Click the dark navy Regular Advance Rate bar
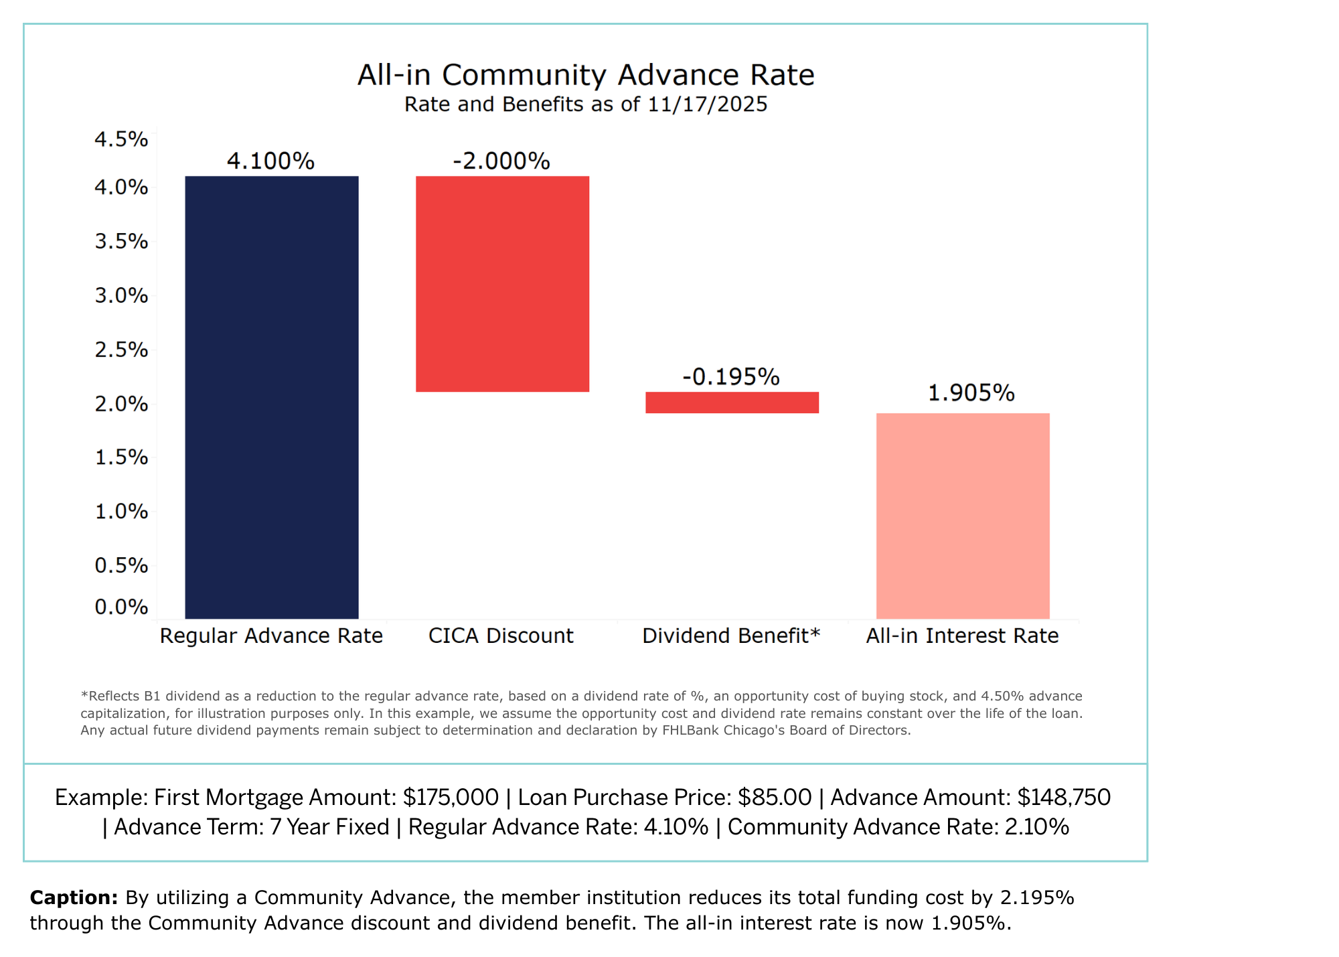tap(271, 397)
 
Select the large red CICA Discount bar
tap(502, 284)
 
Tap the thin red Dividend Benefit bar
tap(732, 402)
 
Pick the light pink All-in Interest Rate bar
tap(963, 516)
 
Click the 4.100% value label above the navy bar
tap(270, 161)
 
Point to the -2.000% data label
tap(501, 161)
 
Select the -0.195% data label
tap(731, 377)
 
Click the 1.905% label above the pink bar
tap(971, 393)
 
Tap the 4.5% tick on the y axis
tap(121, 139)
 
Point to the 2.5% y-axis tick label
tap(121, 350)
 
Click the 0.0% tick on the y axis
tap(121, 607)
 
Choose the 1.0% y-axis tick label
tap(121, 512)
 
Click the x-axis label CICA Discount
tap(501, 636)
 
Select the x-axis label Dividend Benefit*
tap(731, 636)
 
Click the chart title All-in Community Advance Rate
tap(586, 75)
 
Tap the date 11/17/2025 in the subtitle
tap(707, 104)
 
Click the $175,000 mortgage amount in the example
tap(451, 798)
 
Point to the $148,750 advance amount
tap(1064, 798)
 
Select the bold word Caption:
tap(74, 897)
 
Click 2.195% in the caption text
tap(1037, 897)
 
